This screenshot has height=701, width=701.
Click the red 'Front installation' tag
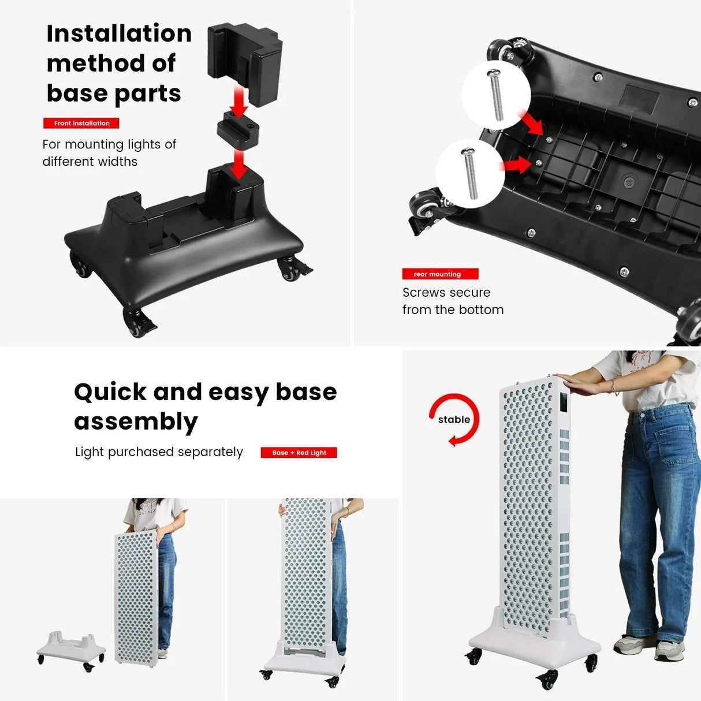pyautogui.click(x=81, y=123)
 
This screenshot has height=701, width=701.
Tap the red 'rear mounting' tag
pyautogui.click(x=440, y=274)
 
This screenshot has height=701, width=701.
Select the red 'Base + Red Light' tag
pyautogui.click(x=299, y=453)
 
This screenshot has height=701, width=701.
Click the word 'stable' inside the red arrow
pyautogui.click(x=454, y=420)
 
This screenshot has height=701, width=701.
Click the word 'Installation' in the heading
pyautogui.click(x=119, y=33)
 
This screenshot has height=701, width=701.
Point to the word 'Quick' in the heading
pyautogui.click(x=110, y=392)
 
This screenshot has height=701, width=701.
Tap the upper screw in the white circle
pyautogui.click(x=495, y=95)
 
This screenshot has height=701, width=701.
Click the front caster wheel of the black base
pyautogui.click(x=137, y=323)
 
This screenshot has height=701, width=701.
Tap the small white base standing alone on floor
pyautogui.click(x=70, y=650)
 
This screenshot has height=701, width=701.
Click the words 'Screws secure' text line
pyautogui.click(x=446, y=293)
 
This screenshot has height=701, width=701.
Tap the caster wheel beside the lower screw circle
pyautogui.click(x=423, y=207)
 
